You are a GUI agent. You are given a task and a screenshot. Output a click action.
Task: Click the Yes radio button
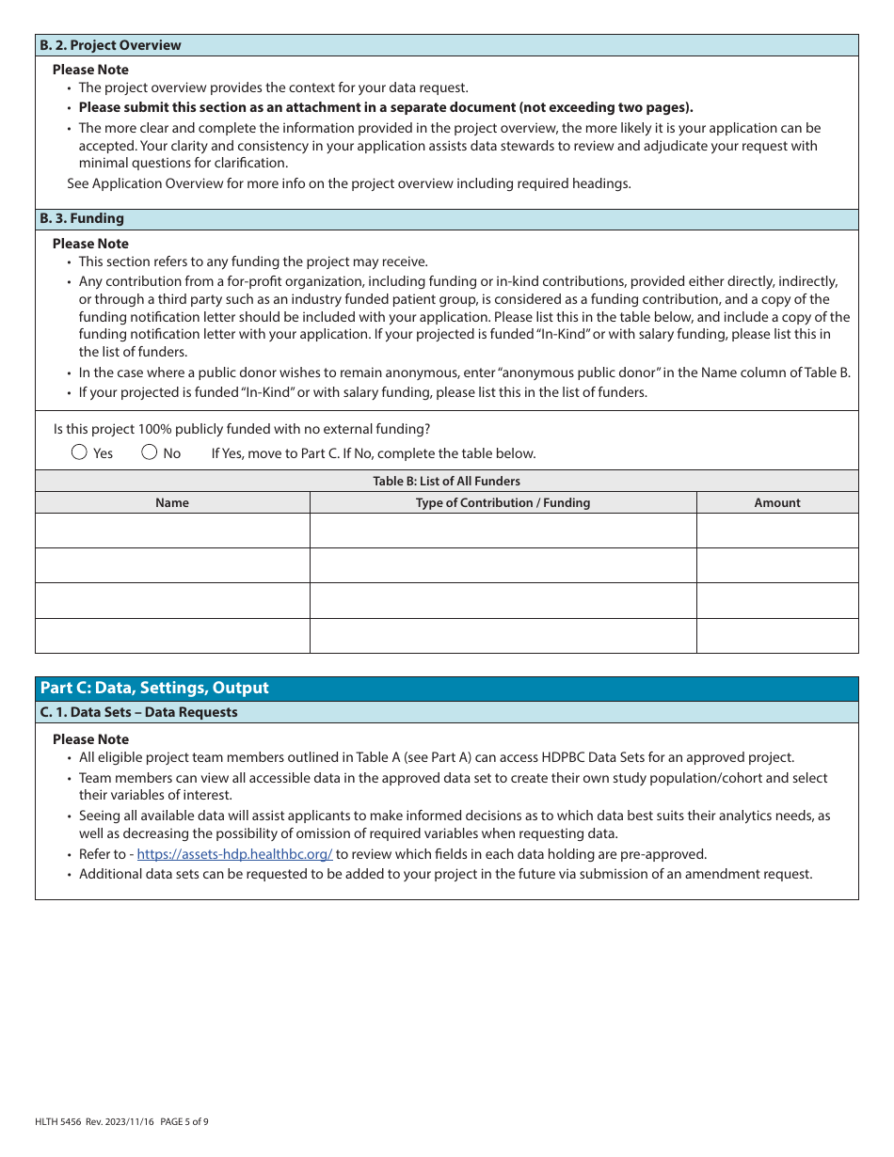[x=80, y=452]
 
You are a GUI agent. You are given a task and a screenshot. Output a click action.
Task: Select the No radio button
[x=150, y=452]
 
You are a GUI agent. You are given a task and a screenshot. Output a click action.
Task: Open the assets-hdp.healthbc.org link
[x=234, y=854]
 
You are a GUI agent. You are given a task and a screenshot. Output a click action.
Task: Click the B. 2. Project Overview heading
[x=110, y=45]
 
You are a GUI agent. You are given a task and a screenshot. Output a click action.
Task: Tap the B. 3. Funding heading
[x=82, y=218]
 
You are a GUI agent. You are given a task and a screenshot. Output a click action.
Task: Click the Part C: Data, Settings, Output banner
[x=154, y=688]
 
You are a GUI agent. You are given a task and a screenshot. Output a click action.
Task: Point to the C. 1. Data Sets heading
[x=138, y=712]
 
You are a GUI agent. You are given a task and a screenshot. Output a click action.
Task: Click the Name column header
[x=172, y=502]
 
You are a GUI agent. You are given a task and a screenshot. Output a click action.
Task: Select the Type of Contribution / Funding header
[x=503, y=502]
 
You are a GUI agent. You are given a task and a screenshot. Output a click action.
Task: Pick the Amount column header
[x=777, y=502]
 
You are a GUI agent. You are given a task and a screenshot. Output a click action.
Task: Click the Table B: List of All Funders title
[x=446, y=481]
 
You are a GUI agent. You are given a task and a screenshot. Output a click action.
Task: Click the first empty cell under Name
[x=172, y=531]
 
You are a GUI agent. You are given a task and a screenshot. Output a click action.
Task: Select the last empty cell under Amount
[x=777, y=636]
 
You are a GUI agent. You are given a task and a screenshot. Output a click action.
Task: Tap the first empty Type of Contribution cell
[x=503, y=531]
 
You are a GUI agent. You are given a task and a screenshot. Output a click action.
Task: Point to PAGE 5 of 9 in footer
[x=184, y=1121]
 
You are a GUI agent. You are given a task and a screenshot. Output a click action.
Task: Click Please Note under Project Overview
[x=90, y=70]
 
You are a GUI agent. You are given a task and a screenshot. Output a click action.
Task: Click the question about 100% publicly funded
[x=242, y=429]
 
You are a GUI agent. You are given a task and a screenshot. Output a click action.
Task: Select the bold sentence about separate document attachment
[x=386, y=107]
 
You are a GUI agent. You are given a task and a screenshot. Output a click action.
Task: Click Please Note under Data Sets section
[x=90, y=739]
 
